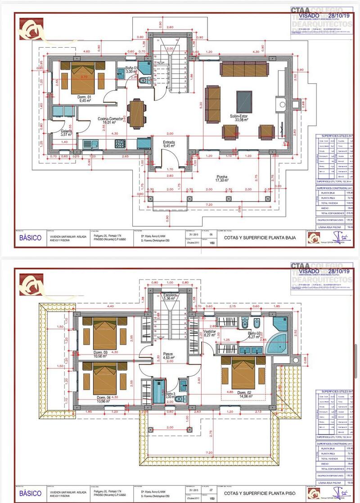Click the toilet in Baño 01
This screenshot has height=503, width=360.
(x=143, y=81)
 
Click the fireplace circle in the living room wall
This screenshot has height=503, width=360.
(x=282, y=104)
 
